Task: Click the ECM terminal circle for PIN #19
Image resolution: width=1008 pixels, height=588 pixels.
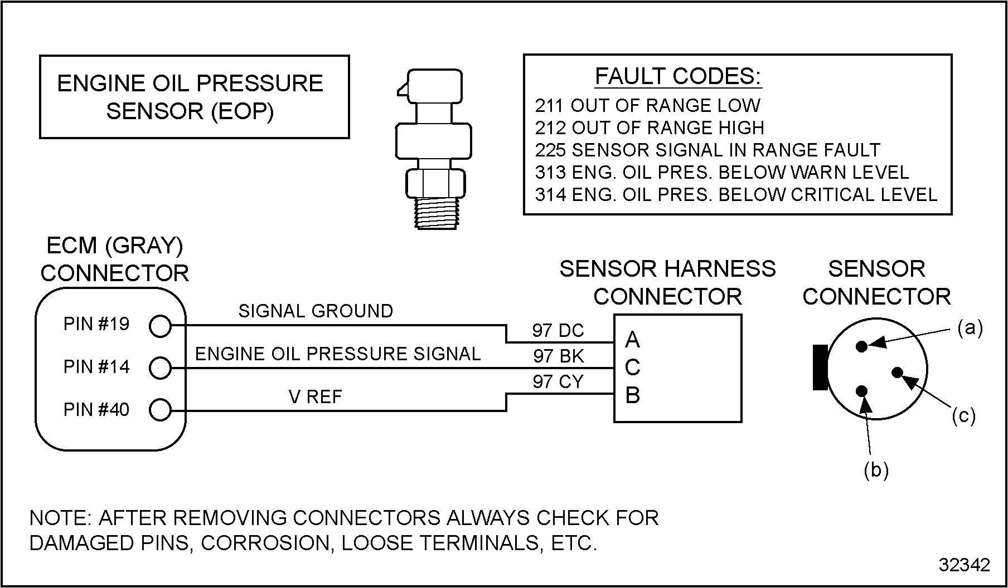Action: click(x=160, y=326)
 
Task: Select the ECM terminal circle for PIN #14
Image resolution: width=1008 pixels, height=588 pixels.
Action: click(x=160, y=368)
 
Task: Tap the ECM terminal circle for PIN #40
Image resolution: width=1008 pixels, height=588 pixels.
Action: click(x=160, y=410)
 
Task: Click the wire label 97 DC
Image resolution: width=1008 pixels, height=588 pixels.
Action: click(x=558, y=331)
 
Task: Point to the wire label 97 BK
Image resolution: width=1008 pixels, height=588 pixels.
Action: click(x=558, y=356)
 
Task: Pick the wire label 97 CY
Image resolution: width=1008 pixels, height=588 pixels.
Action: click(x=558, y=382)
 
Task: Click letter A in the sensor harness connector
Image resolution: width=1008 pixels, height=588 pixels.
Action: click(x=632, y=339)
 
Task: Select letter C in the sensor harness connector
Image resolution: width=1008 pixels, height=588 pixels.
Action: click(x=632, y=367)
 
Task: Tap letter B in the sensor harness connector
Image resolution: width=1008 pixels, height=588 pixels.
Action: click(x=632, y=395)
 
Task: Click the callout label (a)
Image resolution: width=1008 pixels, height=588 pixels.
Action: click(x=970, y=328)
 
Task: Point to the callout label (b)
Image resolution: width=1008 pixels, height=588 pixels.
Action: click(x=876, y=471)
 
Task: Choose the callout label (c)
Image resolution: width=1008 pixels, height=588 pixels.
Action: click(x=963, y=416)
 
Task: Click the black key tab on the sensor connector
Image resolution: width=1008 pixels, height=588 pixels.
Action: click(x=820, y=367)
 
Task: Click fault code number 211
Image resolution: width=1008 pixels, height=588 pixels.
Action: click(x=550, y=106)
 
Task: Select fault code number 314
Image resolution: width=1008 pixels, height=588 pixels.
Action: click(x=550, y=195)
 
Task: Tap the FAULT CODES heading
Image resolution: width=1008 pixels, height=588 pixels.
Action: click(x=678, y=76)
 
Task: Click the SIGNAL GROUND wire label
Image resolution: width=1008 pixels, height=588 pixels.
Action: click(x=316, y=311)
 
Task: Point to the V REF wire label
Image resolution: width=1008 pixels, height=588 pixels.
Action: click(x=315, y=396)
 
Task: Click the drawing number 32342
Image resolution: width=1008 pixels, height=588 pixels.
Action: click(x=965, y=565)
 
